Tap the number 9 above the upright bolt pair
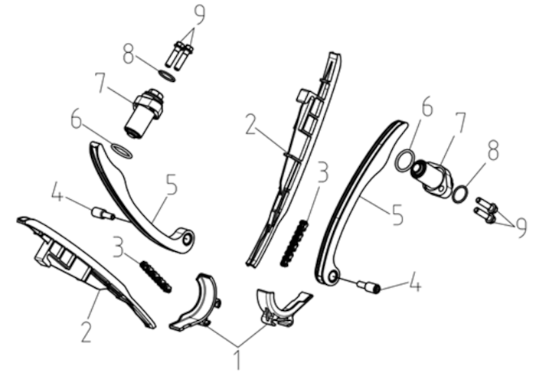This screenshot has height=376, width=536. coord(199,15)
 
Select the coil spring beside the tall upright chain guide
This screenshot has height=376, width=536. coord(295,243)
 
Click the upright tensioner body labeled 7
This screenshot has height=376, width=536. coord(145,112)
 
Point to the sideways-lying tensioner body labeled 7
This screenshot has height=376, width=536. coord(432,177)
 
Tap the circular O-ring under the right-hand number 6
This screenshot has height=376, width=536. coord(406,160)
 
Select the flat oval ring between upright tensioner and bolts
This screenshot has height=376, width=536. coord(168,77)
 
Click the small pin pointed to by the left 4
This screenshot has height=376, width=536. coord(103,214)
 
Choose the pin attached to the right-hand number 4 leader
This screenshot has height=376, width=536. coord(369,287)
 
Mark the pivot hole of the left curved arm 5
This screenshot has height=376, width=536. coord(186,239)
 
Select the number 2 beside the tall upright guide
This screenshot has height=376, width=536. coord(252,124)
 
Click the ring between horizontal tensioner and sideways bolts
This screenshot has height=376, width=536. coord(459,194)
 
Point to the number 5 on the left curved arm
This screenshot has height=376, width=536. coord(172,185)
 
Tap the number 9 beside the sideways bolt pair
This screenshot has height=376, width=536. coord(521,227)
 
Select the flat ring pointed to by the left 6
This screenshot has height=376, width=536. coord(122,151)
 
